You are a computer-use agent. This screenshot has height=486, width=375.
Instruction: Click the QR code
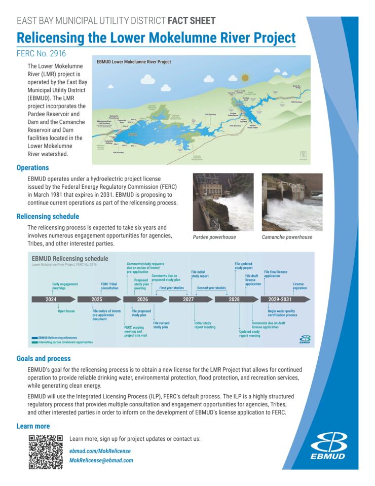point(45,452)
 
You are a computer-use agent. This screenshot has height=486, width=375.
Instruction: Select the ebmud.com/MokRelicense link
point(100,451)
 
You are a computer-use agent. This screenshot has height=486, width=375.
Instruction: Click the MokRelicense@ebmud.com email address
point(101,460)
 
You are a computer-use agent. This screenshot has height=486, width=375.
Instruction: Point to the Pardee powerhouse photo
point(223,202)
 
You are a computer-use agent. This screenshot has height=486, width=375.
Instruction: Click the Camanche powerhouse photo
point(292,202)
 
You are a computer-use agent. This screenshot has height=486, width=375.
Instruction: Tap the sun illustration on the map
point(246,78)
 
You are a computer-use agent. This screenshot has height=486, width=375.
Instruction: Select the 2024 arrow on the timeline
point(51,300)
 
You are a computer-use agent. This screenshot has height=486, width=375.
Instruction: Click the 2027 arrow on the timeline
point(189,300)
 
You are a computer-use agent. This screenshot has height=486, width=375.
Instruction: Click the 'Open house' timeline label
point(66,311)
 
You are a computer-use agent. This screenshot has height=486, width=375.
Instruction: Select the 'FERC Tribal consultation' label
point(109,286)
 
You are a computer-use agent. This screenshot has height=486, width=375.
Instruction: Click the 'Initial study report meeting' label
point(205,325)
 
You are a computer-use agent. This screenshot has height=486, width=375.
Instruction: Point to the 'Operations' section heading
point(32,168)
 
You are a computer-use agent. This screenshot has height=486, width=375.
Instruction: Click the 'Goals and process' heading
point(44,359)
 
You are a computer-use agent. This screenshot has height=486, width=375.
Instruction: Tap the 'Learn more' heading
point(33,426)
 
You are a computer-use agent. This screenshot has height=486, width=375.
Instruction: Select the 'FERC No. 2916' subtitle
point(41,53)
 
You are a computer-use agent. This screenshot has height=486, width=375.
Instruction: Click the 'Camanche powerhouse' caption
point(287,237)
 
